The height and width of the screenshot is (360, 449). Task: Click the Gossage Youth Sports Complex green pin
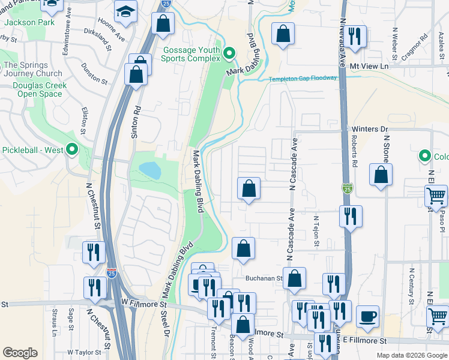229,55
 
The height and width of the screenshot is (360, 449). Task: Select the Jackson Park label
29,22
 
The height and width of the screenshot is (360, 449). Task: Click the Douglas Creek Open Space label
39,89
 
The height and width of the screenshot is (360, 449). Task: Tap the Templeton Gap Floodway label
303,79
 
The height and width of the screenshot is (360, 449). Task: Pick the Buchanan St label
264,278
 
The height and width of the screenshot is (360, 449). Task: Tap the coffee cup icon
367,316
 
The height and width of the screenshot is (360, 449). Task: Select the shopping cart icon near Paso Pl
436,196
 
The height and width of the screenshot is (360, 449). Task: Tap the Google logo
20,353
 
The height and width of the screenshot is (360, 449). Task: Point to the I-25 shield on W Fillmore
112,274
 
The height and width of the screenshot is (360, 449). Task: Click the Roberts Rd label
355,155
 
